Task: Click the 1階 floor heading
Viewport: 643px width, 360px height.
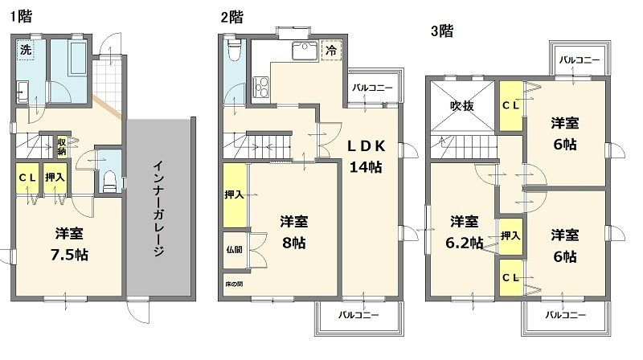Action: click(x=22, y=16)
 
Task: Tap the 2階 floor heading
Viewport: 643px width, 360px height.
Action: click(x=231, y=16)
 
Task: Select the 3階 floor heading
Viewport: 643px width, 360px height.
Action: click(x=441, y=31)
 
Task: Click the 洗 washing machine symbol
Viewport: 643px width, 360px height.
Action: click(x=26, y=50)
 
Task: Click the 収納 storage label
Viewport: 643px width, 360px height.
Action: click(x=62, y=146)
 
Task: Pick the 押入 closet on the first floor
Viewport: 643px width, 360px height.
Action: click(x=55, y=178)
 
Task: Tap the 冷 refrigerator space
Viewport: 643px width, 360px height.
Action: click(x=331, y=50)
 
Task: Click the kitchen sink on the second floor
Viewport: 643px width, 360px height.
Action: click(x=303, y=51)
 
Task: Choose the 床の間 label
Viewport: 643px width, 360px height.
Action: click(x=233, y=284)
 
